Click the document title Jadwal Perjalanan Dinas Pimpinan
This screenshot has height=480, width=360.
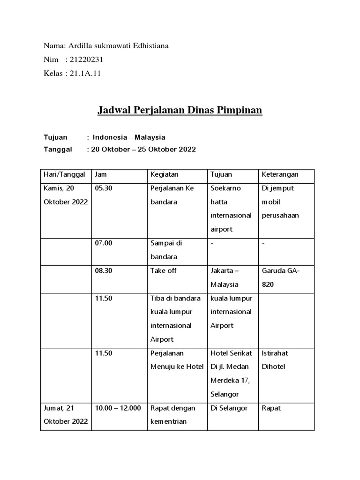click(180, 111)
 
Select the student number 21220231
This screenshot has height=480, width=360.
click(87, 60)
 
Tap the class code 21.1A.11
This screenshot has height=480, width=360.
click(85, 74)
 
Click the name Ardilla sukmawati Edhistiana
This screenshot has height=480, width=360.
click(119, 46)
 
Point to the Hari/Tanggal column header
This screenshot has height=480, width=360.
click(64, 174)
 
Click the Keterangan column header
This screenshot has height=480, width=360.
click(280, 174)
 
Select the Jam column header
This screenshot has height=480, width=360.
click(101, 174)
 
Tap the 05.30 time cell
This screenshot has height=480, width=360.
click(103, 188)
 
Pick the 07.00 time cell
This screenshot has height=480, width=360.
click(103, 243)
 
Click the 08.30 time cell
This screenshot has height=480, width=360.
click(103, 271)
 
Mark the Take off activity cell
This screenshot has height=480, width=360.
click(164, 271)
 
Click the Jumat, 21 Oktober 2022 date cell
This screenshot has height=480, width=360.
click(66, 414)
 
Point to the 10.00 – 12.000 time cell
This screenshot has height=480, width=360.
click(118, 408)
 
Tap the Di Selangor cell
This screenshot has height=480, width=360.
click(229, 408)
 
